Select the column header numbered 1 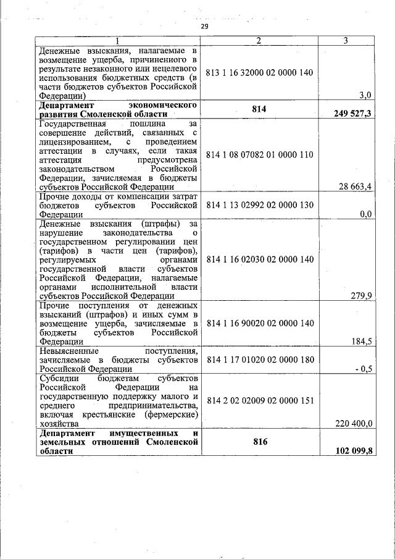(x=118, y=41)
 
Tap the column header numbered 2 (x=259, y=41)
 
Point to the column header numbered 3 (x=346, y=41)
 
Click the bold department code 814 (x=259, y=109)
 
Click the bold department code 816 (x=259, y=442)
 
